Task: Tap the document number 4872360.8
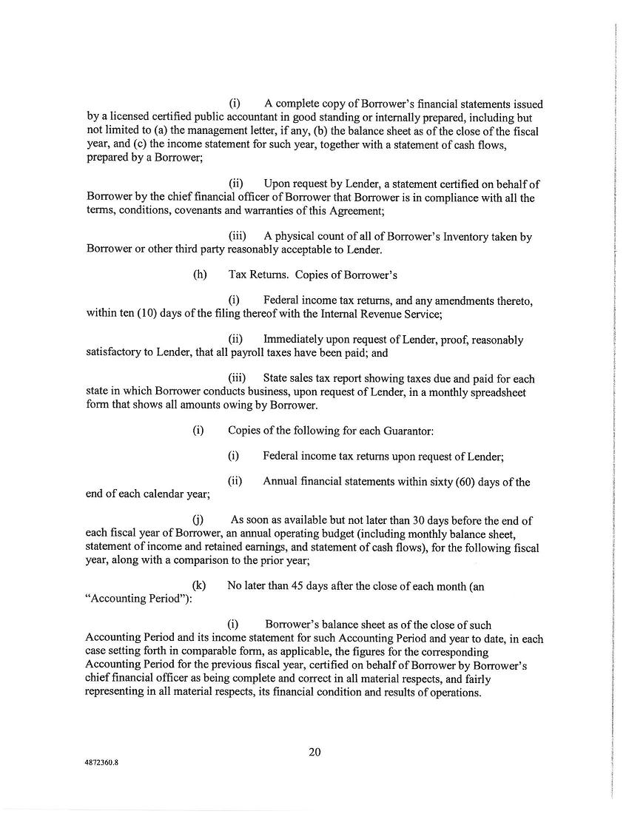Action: [x=101, y=768]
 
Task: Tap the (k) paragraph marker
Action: [x=198, y=585]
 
